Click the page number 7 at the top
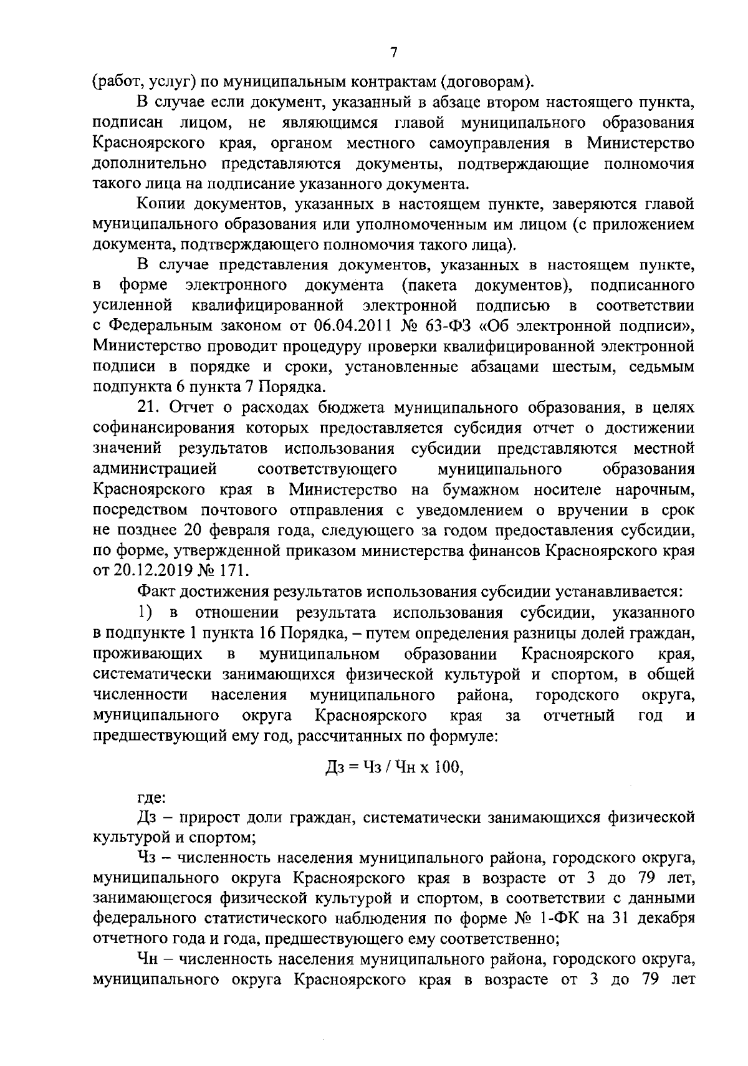[x=393, y=53]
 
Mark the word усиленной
[x=132, y=305]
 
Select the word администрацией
[x=154, y=469]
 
